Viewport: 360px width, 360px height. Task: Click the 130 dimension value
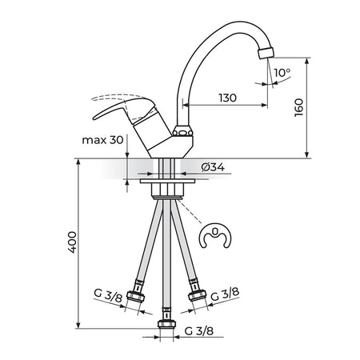(228, 98)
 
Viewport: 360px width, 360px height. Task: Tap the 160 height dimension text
(299, 107)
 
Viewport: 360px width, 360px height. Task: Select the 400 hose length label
(72, 242)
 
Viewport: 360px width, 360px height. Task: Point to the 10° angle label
(282, 73)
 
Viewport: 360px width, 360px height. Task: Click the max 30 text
(102, 140)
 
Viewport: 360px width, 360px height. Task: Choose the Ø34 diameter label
(213, 167)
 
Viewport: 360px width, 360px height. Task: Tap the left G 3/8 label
(108, 295)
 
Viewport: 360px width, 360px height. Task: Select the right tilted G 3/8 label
(225, 294)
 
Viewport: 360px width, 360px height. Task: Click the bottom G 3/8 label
(199, 331)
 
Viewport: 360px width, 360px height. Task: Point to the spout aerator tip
(266, 53)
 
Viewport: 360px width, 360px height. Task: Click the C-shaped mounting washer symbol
(216, 236)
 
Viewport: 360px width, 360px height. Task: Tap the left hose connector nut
(135, 297)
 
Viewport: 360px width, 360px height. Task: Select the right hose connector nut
(198, 295)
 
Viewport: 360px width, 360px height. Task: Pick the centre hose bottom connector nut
(166, 324)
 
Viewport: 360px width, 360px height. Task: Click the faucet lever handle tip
(94, 118)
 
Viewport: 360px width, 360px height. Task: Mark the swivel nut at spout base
(182, 131)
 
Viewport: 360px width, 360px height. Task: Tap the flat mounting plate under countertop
(167, 181)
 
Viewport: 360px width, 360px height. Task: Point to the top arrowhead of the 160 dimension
(307, 61)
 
